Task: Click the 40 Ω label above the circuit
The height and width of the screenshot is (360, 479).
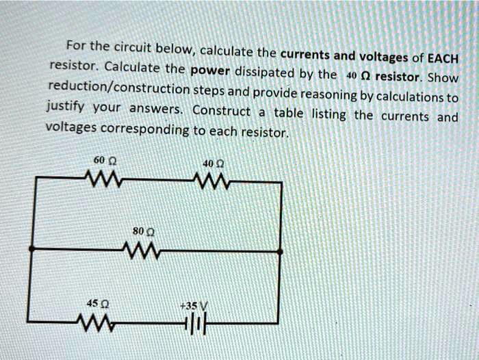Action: click(x=210, y=163)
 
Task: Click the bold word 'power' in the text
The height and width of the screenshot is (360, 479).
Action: click(x=211, y=70)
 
